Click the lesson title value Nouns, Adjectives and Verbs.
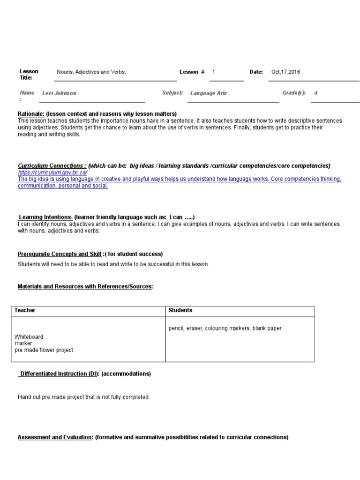click(x=91, y=72)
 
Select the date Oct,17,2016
click(x=285, y=72)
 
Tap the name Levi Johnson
click(x=59, y=93)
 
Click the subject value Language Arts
click(x=208, y=93)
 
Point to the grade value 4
click(x=315, y=93)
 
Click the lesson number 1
click(x=214, y=72)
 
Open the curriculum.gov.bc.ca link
click(x=52, y=172)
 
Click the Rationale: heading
click(x=31, y=114)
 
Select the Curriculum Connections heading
click(x=52, y=166)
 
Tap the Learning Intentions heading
click(x=45, y=217)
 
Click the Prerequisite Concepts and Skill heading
click(x=60, y=254)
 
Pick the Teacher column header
click(x=25, y=310)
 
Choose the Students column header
click(x=180, y=310)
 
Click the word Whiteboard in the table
click(x=29, y=337)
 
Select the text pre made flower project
click(x=44, y=350)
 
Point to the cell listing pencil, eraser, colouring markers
click(x=225, y=329)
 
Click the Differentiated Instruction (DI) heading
click(x=59, y=374)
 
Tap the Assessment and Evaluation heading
click(x=55, y=437)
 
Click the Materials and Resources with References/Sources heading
click(x=85, y=286)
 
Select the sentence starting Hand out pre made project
click(x=84, y=397)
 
